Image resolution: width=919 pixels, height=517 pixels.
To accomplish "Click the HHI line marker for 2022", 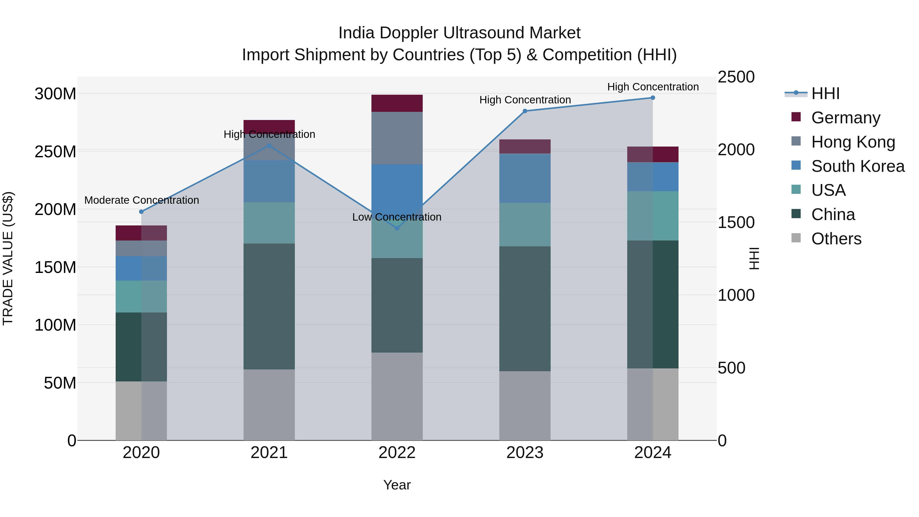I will (x=397, y=228).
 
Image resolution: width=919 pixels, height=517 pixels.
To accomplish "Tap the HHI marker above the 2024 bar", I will (x=652, y=98).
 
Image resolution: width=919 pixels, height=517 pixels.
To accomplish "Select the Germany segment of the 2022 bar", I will (x=397, y=103).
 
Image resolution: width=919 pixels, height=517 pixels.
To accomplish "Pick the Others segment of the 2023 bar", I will (x=525, y=405).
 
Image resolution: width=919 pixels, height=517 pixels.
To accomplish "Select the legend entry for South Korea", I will (x=858, y=166).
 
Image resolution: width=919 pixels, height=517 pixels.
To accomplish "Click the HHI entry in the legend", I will (x=825, y=93).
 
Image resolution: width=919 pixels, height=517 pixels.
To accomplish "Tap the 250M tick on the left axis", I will (x=55, y=152).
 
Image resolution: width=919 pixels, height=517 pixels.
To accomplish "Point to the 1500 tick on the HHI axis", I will (x=736, y=222).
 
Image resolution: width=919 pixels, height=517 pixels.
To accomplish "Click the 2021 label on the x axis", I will (x=269, y=452).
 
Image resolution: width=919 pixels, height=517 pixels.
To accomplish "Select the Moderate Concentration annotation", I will (x=142, y=200).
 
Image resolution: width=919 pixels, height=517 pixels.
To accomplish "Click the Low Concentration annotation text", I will (x=397, y=217).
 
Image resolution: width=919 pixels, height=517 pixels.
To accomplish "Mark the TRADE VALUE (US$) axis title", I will (x=8, y=258).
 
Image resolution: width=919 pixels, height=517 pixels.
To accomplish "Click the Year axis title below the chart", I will (x=397, y=485).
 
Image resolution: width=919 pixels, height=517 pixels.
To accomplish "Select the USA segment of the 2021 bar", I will (x=269, y=223).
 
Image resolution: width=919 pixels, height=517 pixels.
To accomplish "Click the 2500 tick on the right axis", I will (x=736, y=77).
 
